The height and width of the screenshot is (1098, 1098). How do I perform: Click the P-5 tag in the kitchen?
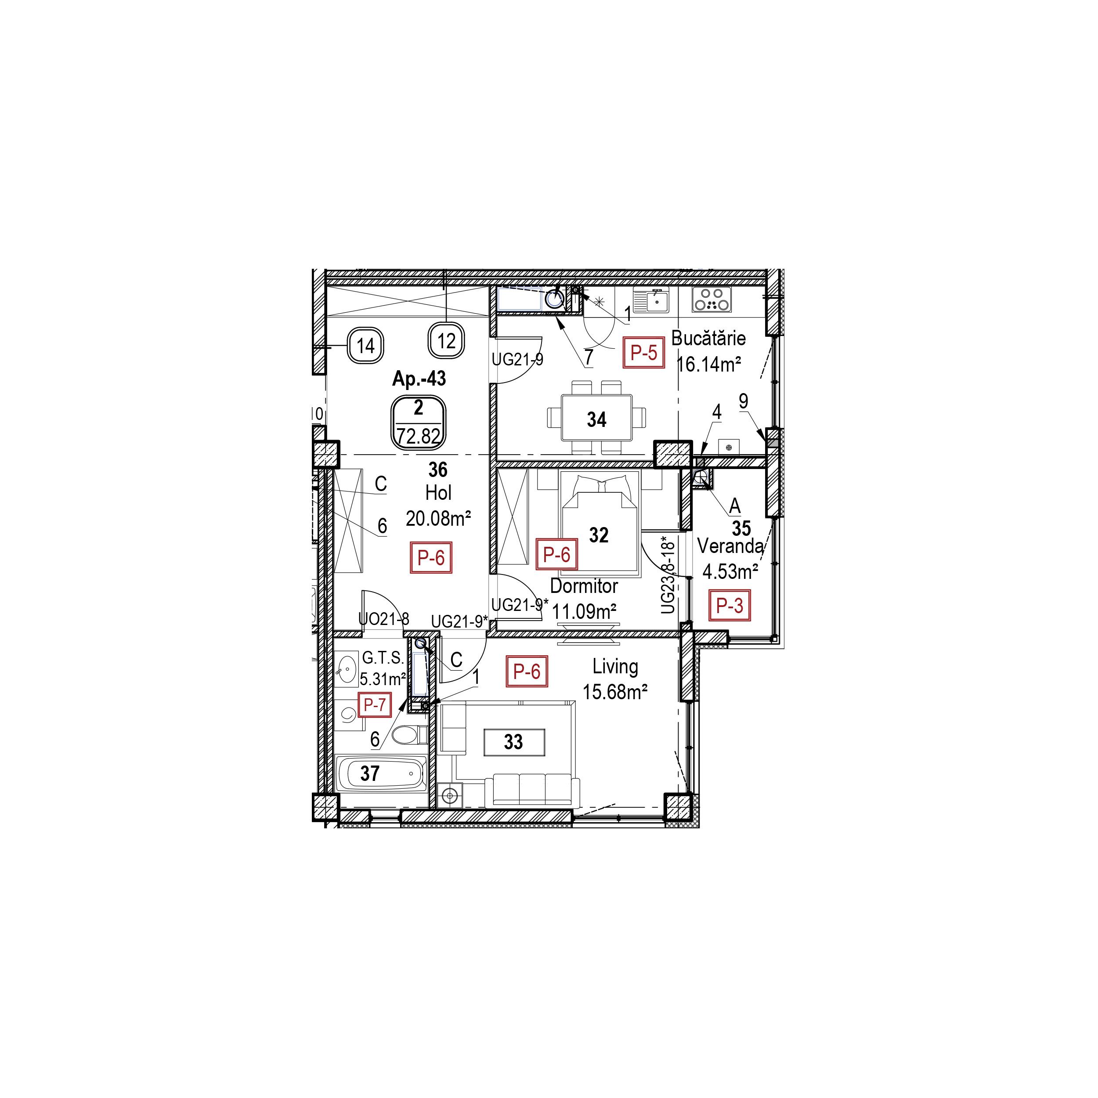tap(643, 353)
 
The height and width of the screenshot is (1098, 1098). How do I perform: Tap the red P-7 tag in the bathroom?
tap(375, 705)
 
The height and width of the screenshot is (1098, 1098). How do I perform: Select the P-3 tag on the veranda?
tap(729, 605)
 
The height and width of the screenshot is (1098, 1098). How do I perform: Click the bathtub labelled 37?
tap(381, 773)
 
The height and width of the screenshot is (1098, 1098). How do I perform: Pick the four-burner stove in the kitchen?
tap(712, 300)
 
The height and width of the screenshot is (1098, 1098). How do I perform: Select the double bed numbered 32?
tap(599, 526)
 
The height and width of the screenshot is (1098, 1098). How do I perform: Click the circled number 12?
tap(447, 341)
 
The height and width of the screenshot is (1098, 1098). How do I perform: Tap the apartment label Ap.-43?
tap(419, 379)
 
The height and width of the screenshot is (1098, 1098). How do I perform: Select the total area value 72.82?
tap(419, 436)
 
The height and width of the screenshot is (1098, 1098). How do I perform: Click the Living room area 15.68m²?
tap(615, 692)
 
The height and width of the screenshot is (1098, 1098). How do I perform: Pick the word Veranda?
tap(730, 546)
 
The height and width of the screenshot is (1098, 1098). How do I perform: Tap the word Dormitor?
tap(584, 586)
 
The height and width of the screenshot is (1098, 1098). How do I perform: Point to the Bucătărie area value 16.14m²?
tap(709, 364)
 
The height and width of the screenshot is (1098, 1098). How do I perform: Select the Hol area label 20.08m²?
tap(438, 518)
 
